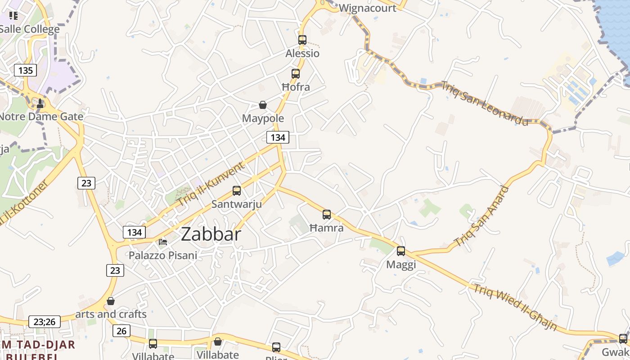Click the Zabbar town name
211,234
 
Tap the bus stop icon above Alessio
302,40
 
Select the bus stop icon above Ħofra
296,74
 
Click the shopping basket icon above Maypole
263,105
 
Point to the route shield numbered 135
26,70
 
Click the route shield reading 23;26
44,322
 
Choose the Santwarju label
237,204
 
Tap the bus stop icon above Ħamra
327,215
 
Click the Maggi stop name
401,265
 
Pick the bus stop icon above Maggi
401,251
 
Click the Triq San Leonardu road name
485,103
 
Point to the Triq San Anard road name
482,216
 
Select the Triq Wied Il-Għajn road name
515,307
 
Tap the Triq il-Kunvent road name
210,184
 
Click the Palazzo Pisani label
163,256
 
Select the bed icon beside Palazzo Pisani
163,242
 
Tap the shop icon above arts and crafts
111,301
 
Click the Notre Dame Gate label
41,117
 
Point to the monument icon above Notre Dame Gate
40,103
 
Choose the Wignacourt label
368,8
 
